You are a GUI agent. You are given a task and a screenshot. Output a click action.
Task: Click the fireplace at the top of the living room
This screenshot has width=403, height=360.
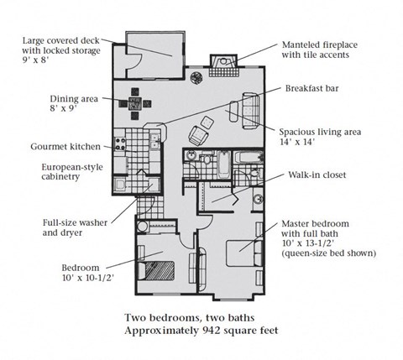(225, 64)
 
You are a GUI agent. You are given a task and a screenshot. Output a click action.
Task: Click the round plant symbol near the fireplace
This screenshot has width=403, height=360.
(196, 79)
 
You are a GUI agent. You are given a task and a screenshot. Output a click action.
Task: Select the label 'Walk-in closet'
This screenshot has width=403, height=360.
(317, 175)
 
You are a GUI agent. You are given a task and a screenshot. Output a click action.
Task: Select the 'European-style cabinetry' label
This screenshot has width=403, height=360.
(73, 172)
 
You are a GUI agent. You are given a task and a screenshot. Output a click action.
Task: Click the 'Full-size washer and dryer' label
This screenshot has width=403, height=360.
(76, 227)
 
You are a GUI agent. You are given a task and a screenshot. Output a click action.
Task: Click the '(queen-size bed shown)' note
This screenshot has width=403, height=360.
(328, 252)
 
